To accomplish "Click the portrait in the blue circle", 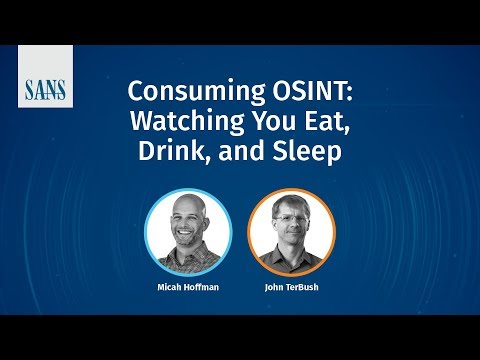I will [188, 232].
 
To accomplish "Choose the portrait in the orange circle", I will [291, 232].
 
